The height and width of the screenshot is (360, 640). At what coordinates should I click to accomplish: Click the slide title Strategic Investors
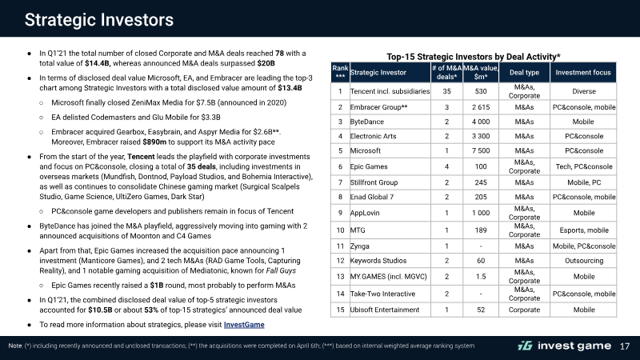coord(99,19)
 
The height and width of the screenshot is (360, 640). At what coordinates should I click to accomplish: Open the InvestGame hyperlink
coord(244,325)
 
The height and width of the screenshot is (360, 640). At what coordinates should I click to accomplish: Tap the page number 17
coord(625,346)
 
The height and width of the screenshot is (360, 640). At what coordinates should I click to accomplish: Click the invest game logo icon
coord(525,346)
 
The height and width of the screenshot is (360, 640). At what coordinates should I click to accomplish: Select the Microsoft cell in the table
coord(366,150)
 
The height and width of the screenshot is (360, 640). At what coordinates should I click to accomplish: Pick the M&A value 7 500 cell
coord(481,150)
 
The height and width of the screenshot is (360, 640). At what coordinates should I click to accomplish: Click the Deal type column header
coord(524,73)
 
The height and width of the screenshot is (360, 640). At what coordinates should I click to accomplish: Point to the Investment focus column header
coord(583,73)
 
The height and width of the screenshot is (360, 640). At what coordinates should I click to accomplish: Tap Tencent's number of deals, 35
coord(446,91)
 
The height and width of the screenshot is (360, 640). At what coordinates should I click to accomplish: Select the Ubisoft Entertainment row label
coord(385,310)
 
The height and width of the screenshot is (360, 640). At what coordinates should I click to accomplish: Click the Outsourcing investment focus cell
coord(584,261)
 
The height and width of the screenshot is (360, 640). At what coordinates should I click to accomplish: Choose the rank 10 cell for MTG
coord(340,230)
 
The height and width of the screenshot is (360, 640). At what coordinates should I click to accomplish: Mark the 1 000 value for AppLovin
coord(481,213)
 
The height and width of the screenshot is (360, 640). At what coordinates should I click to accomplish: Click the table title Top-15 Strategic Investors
coord(474,56)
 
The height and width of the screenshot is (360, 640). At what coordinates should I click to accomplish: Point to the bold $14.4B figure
coord(98,63)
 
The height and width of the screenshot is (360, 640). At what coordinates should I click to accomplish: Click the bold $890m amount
coord(154,142)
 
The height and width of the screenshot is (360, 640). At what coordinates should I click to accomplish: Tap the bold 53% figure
coord(151,310)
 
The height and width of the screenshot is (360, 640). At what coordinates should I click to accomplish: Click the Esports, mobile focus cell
coord(584,230)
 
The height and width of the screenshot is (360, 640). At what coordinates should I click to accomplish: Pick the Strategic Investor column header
coord(378,73)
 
